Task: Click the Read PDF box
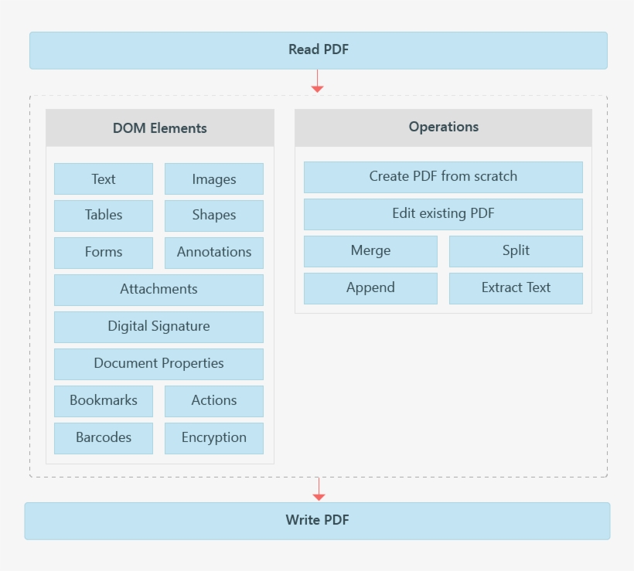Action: [x=318, y=50]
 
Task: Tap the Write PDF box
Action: [x=317, y=521]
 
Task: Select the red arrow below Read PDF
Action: [x=317, y=82]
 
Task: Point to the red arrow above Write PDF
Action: [x=319, y=489]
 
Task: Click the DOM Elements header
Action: [x=159, y=128]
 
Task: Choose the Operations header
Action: [x=443, y=127]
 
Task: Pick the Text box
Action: [x=104, y=179]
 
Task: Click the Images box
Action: [x=213, y=179]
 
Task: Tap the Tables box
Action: [x=104, y=216]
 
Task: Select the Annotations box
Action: [x=213, y=253]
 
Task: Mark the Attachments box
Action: [x=158, y=290]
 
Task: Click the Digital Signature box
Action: [x=158, y=327]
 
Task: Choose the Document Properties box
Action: [x=158, y=364]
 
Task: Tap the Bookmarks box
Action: [x=104, y=401]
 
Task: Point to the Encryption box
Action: [x=213, y=438]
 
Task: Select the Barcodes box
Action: [x=104, y=438]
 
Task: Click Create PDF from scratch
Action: [x=443, y=177]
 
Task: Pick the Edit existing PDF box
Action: [x=443, y=214]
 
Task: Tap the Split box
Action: [x=516, y=251]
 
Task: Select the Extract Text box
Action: [x=516, y=288]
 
